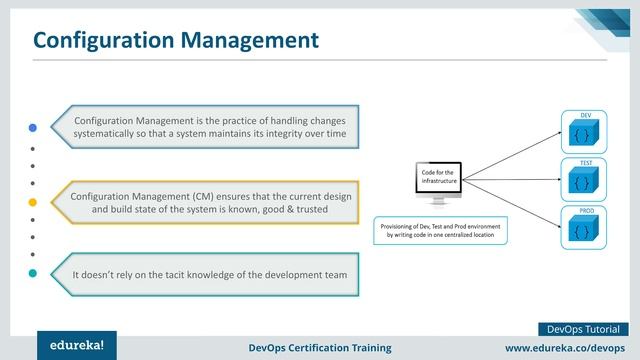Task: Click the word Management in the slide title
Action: point(253,40)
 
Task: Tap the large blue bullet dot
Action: point(32,128)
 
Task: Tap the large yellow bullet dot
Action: point(32,202)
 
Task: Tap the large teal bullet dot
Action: point(32,272)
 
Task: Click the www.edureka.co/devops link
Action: point(565,346)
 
